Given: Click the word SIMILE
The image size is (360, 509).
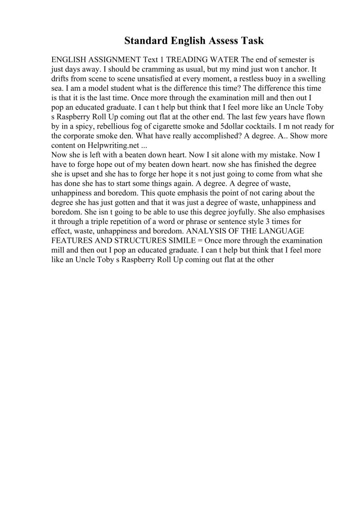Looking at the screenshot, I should coord(180,240).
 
